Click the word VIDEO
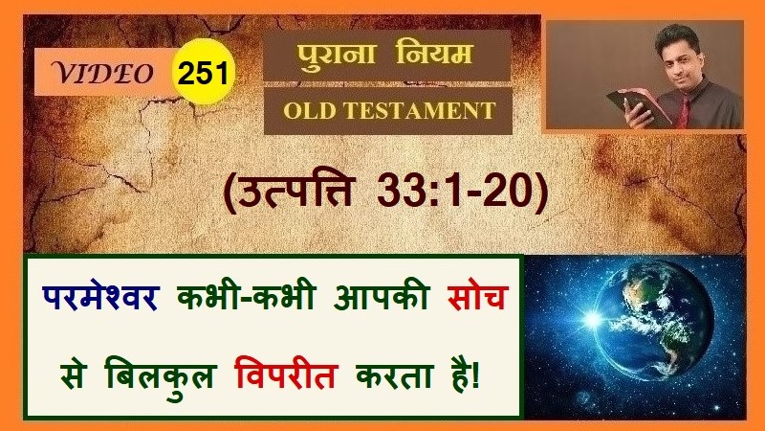click(103, 74)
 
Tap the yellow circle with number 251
click(204, 71)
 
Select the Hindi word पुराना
click(337, 55)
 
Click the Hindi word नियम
click(434, 53)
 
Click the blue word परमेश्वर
click(100, 297)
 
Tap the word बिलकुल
click(160, 377)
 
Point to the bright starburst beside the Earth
click(593, 320)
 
